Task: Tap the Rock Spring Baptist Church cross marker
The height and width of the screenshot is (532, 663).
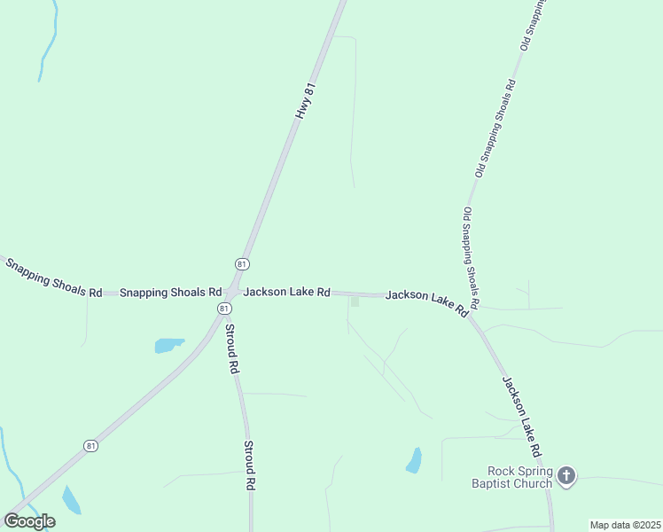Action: (566, 477)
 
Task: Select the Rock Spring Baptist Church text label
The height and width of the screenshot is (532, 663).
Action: (519, 477)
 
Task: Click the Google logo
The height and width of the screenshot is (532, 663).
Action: (29, 521)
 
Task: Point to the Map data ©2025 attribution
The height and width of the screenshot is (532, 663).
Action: (626, 525)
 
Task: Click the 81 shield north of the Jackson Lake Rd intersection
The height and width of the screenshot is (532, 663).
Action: (242, 264)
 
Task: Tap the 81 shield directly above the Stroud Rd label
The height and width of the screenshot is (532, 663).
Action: (224, 308)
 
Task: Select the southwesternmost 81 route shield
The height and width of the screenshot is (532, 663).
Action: (91, 446)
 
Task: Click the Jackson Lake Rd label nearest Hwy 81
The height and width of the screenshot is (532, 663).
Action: (286, 292)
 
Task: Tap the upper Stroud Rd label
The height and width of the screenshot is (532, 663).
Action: (230, 348)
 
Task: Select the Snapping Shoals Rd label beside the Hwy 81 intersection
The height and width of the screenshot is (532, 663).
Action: (170, 292)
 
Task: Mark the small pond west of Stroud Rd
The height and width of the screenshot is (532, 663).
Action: (168, 345)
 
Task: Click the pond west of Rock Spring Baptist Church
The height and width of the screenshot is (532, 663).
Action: (414, 460)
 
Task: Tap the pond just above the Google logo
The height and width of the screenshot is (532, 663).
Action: (70, 500)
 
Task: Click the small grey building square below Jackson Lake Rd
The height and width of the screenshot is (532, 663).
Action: (355, 302)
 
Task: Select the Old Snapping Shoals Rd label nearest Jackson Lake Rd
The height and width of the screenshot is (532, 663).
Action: (471, 258)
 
